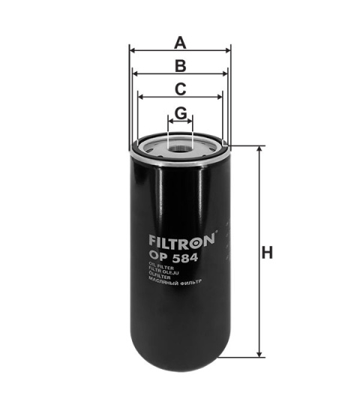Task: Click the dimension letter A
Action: point(179,42)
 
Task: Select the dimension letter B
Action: point(179,65)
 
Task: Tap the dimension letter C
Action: point(180,88)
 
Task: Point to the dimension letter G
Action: point(180,112)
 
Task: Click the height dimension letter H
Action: point(267,253)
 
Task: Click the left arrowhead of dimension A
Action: point(132,50)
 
